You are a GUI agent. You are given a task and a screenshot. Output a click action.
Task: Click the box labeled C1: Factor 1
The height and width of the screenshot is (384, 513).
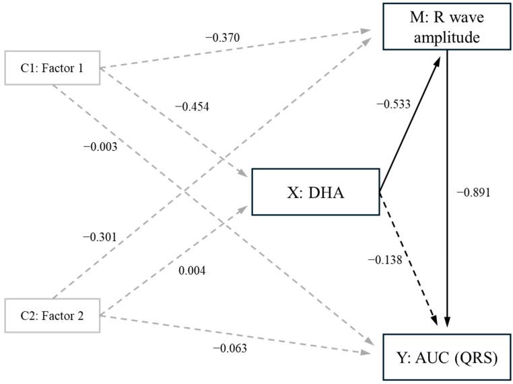(x=52, y=67)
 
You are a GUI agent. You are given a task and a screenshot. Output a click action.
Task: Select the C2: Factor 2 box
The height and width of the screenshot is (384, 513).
(x=52, y=315)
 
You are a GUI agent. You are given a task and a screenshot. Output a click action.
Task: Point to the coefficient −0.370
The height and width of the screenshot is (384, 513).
(x=222, y=36)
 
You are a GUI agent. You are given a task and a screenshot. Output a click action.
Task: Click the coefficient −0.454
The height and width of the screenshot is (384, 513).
(x=192, y=107)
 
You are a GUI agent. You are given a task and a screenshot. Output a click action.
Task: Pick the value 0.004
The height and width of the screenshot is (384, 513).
(x=192, y=271)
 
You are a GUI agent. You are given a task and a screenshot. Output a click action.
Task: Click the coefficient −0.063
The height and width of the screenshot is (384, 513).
(x=230, y=348)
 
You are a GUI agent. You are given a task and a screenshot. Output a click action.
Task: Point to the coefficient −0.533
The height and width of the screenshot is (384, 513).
(x=394, y=104)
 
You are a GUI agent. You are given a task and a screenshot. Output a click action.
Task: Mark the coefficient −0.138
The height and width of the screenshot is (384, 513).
(x=386, y=259)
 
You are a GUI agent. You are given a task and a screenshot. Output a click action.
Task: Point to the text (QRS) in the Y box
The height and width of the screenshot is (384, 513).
(x=474, y=357)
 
